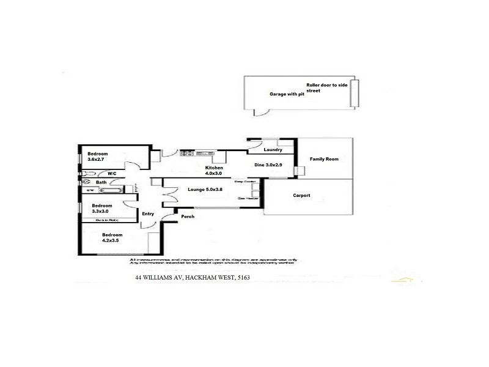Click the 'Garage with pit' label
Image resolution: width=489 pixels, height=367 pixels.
point(287,95)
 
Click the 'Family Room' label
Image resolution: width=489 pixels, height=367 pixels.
point(324,159)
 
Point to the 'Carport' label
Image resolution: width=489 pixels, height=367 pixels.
point(301,196)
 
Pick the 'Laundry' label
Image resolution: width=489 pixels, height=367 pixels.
point(272,150)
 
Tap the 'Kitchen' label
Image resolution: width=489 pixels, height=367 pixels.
point(214,168)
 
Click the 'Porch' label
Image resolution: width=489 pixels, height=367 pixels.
point(187,217)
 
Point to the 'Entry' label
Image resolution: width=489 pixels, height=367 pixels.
point(148,214)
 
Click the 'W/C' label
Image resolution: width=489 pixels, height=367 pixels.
point(112,173)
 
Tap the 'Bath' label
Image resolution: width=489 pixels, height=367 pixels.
point(101,182)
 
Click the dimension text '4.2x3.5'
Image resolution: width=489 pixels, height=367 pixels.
point(112,241)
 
